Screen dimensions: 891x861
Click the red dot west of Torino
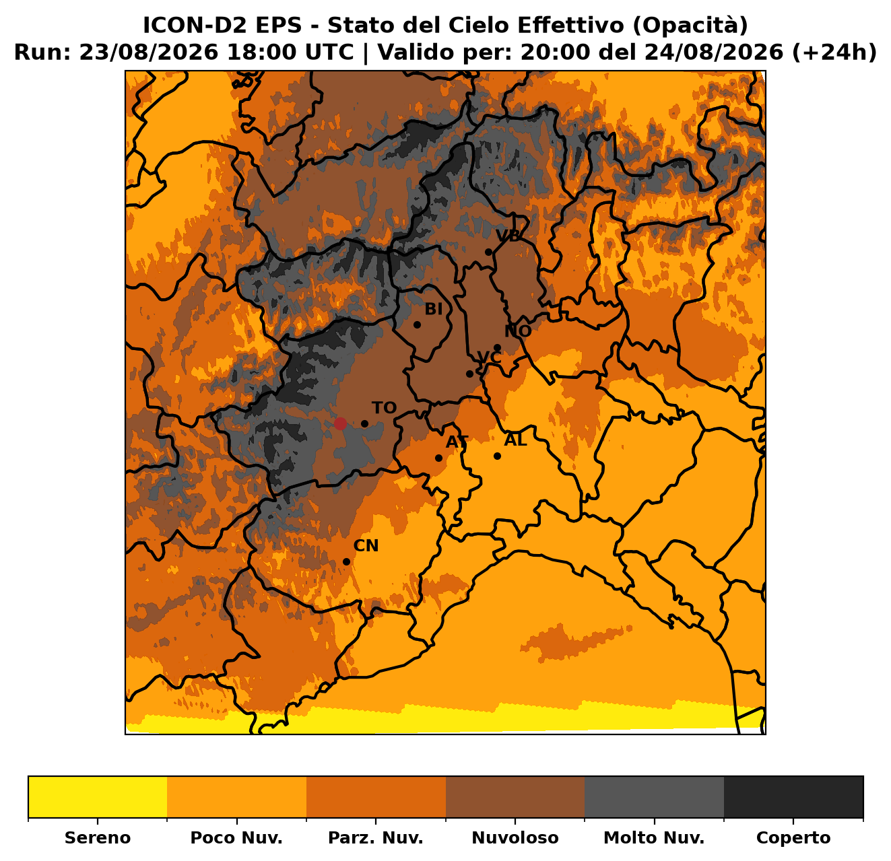click(339, 423)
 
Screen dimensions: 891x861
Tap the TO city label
click(384, 407)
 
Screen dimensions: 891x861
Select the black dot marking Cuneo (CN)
click(347, 561)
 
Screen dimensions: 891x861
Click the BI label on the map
click(434, 309)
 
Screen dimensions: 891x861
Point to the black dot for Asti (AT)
click(438, 458)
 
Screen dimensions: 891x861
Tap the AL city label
click(516, 440)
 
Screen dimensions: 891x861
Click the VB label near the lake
click(508, 235)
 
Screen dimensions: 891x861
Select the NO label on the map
click(518, 331)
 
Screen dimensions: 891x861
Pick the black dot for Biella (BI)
click(417, 324)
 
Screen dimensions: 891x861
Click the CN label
click(366, 546)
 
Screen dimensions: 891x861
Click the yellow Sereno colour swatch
click(98, 797)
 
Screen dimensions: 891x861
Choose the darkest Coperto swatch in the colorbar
click(793, 797)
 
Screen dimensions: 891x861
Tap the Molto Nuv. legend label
click(654, 837)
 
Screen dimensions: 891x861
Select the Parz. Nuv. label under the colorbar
click(375, 837)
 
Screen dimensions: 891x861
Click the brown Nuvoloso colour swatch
click(515, 797)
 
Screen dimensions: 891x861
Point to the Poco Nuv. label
click(236, 837)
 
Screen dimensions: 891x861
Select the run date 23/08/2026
click(149, 53)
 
